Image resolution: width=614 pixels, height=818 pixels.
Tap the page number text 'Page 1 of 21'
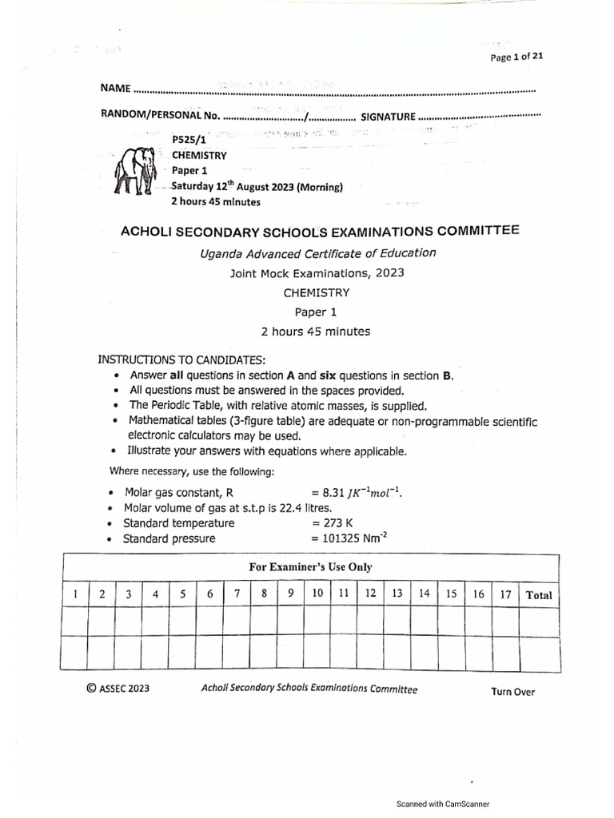516,56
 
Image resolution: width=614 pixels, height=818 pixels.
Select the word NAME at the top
114,86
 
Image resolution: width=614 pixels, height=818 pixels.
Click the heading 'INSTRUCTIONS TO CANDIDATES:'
181,359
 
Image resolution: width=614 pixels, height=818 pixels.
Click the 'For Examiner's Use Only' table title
311,567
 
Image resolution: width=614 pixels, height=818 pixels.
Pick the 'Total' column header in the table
538,594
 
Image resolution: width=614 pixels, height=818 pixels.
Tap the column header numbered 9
291,594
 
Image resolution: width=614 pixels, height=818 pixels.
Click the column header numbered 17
504,594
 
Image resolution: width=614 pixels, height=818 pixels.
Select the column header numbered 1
74,594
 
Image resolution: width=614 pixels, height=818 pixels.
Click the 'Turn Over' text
512,692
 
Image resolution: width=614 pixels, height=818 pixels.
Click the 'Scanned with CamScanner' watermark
443,804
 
